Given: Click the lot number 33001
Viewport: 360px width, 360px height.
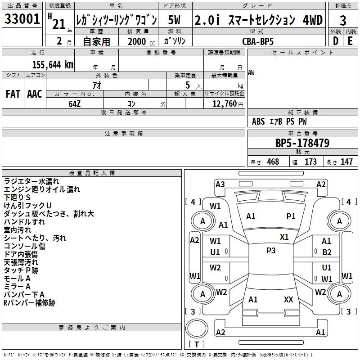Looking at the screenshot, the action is tap(22, 20).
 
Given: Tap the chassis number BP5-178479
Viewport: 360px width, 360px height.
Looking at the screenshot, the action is tap(302, 143).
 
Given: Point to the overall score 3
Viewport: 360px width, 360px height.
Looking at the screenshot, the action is tap(343, 20).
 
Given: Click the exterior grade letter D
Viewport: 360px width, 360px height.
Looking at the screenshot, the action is tap(335, 40).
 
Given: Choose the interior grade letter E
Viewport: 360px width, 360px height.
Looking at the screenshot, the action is tap(350, 40).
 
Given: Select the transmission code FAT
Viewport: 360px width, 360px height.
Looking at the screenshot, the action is tap(13, 94).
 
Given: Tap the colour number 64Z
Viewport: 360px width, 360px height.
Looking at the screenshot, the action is tap(75, 103).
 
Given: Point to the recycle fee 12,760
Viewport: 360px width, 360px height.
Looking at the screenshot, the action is tap(224, 103).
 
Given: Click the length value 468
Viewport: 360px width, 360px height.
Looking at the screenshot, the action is tap(273, 162).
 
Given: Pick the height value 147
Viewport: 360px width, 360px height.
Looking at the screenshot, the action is tap(346, 162).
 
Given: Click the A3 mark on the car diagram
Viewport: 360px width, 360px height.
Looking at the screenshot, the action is tap(220, 184).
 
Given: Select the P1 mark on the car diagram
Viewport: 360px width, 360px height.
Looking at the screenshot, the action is tap(291, 216).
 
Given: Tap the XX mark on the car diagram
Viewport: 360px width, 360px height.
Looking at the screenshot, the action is tap(288, 299).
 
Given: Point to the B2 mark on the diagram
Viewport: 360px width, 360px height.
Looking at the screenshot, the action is tap(327, 252).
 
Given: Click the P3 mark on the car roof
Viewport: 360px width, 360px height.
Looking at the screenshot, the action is tap(271, 251).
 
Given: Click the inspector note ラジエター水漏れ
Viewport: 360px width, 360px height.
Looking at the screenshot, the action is tap(31, 181).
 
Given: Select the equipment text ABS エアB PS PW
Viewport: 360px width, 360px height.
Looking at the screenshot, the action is tap(280, 121).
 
